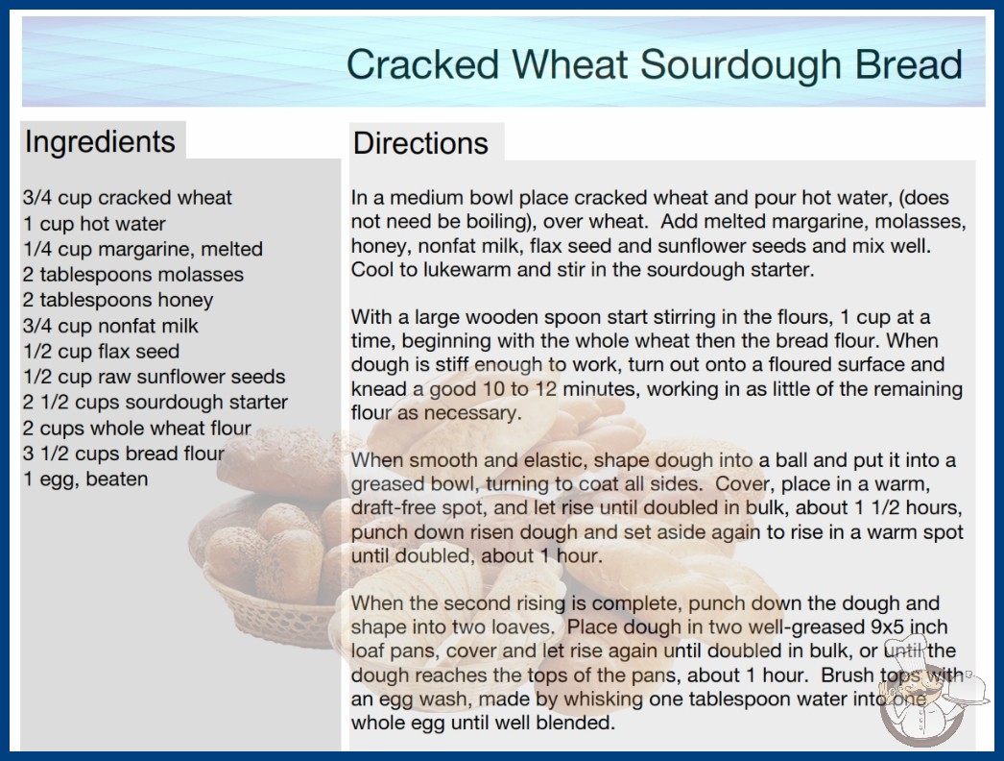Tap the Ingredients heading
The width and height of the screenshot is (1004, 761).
(100, 142)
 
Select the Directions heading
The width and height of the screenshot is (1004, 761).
(420, 143)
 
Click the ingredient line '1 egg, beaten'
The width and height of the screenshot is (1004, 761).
(85, 479)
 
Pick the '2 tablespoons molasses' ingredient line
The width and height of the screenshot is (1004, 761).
(133, 275)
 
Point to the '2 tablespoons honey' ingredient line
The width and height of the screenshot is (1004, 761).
(118, 300)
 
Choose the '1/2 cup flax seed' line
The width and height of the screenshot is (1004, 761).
(101, 352)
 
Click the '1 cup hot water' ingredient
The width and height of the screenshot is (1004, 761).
(94, 224)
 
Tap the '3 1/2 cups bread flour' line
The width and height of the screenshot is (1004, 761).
(124, 454)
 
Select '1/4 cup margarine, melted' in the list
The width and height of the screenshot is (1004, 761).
(143, 250)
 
